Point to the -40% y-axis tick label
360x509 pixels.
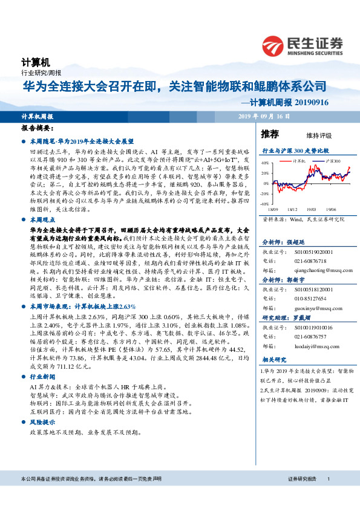coord(265,204)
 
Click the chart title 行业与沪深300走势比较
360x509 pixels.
coord(295,149)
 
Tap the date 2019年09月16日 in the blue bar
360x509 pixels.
coord(264,116)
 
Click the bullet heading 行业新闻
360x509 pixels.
coord(42,375)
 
